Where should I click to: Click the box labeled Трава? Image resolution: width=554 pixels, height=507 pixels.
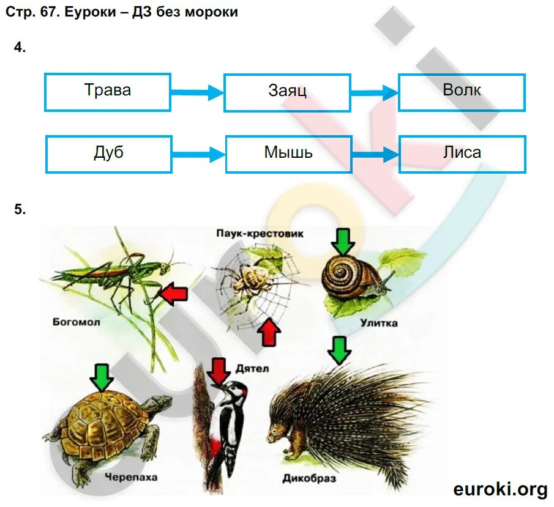(108, 92)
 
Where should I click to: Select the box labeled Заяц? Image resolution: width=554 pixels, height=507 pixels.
(287, 92)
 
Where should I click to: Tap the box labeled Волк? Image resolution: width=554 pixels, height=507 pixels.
(462, 92)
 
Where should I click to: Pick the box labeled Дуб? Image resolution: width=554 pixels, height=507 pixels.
(108, 154)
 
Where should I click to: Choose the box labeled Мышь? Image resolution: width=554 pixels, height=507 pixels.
(288, 154)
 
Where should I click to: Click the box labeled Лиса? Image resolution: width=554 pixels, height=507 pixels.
(462, 154)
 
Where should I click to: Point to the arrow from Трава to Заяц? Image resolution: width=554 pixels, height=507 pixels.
(197, 93)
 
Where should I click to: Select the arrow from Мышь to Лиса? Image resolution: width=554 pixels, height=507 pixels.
(375, 155)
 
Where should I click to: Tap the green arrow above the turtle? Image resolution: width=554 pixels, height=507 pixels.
(102, 377)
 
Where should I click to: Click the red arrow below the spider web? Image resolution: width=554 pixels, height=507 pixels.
(269, 333)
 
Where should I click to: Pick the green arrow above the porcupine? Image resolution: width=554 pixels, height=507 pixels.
(339, 350)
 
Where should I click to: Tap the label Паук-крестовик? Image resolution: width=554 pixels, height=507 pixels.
(260, 234)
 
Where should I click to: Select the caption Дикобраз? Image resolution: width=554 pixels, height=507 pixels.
(309, 478)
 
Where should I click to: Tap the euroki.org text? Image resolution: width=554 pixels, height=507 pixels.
(500, 489)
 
